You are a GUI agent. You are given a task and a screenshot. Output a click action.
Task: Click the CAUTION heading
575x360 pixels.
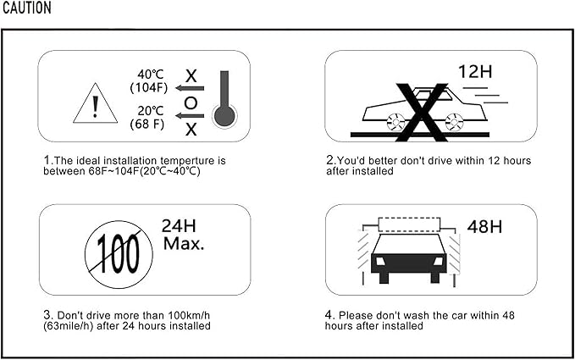point(27,8)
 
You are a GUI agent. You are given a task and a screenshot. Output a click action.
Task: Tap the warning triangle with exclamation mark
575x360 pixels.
point(96,103)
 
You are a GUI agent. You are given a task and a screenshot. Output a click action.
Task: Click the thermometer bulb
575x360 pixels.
point(224,116)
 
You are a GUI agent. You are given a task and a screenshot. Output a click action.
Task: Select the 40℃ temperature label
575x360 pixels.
point(151,75)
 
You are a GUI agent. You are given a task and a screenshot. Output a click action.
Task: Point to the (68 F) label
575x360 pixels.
point(147,124)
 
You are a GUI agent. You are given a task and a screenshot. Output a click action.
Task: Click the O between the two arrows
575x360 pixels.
point(191,103)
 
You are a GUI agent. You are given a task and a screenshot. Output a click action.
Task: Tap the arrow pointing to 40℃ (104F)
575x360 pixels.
point(190,88)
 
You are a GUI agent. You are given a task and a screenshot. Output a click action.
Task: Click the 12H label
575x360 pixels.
point(475,72)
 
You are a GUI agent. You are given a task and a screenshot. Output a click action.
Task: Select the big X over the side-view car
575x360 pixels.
point(422,113)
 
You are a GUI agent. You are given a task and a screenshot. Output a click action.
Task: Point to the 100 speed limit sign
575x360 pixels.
point(119,254)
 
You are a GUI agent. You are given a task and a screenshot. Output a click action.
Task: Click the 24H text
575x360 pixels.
point(179,226)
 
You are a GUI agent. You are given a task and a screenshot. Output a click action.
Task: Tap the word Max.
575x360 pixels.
point(184,244)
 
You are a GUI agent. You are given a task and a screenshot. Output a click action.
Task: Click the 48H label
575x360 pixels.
point(484,227)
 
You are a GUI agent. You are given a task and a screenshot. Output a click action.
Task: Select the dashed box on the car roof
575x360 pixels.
point(409,224)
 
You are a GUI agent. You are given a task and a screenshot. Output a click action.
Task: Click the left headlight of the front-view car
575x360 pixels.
point(380,261)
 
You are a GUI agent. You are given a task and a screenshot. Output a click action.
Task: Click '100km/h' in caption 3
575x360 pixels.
point(189,316)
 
